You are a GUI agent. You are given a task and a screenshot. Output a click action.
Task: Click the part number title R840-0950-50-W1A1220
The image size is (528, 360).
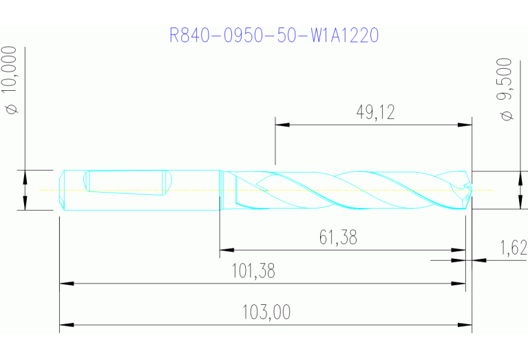click(x=274, y=35)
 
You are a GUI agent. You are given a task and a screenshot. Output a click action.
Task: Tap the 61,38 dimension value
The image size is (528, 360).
click(x=338, y=238)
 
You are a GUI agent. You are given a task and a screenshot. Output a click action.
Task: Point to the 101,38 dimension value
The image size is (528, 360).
click(x=254, y=271)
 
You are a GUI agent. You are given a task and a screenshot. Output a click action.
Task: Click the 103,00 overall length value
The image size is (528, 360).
click(x=266, y=313)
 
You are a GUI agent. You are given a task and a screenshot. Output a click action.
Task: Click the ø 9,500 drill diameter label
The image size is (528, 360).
click(x=507, y=90)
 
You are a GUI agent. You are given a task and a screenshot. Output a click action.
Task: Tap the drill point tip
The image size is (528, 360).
click(x=472, y=189)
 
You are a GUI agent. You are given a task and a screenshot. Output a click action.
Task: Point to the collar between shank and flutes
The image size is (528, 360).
click(x=220, y=189)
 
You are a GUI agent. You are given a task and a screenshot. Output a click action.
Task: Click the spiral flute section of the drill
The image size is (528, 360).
click(x=344, y=189)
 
